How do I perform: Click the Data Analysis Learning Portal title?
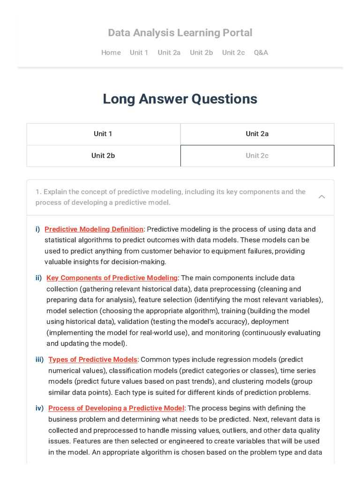point(180,33)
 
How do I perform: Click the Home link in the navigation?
point(111,52)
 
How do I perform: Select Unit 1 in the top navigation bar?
point(139,52)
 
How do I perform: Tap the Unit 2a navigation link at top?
point(169,52)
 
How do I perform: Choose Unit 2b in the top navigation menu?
point(201,52)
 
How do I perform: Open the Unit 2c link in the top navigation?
point(233,52)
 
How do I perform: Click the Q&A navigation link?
point(261,52)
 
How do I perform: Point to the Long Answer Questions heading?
point(180,99)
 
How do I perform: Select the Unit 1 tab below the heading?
point(103,134)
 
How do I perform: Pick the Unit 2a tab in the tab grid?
point(257,134)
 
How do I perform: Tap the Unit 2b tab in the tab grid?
point(103,156)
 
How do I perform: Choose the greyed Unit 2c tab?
point(257,156)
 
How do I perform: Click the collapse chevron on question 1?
point(322,197)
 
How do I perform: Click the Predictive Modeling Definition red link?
point(94,229)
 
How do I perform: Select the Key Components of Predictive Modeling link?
point(112,278)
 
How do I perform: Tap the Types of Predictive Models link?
point(93,360)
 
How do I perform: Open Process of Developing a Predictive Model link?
point(117,408)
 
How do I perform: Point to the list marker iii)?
point(39,360)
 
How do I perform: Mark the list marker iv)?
point(39,408)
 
